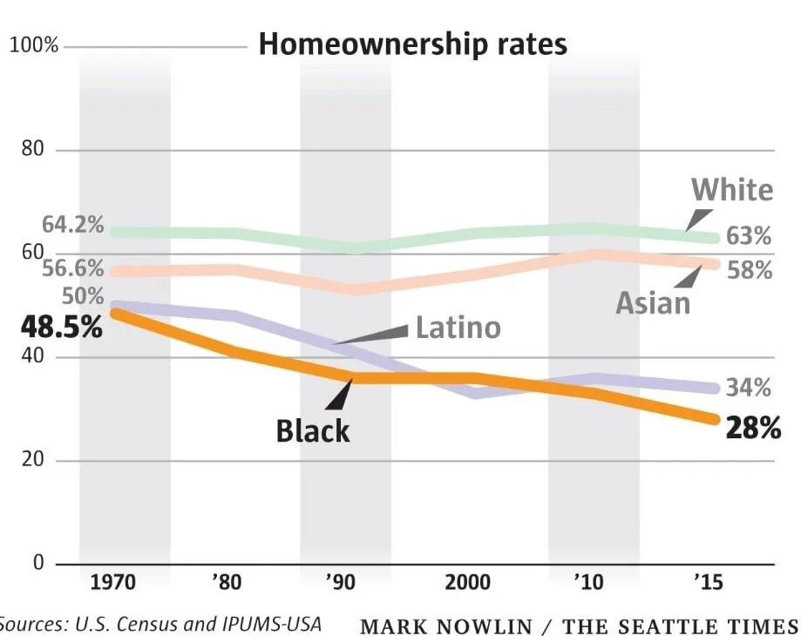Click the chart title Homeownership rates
pos(412,44)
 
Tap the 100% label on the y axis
pos(34,45)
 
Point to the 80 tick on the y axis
pos(32,150)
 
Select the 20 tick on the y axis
pos(32,460)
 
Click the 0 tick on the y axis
pos(38,563)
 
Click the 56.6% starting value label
pos(72,268)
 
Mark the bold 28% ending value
pos(752,429)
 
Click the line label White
pos(731,190)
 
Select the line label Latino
pos(458,328)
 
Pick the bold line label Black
pos(313,430)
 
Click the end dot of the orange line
pos(714,419)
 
